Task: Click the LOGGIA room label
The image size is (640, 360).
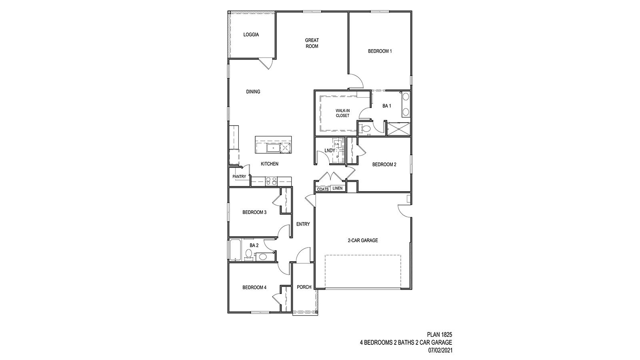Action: click(x=251, y=35)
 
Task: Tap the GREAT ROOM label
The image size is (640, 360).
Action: click(x=312, y=43)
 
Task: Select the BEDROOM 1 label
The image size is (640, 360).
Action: click(x=380, y=51)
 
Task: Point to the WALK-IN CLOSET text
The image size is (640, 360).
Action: click(x=342, y=113)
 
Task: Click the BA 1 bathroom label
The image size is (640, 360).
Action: click(x=386, y=106)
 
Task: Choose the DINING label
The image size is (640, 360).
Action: click(x=253, y=92)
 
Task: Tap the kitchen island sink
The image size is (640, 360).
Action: click(x=273, y=148)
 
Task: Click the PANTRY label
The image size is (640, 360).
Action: click(x=239, y=177)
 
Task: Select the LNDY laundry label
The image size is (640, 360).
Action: click(x=330, y=150)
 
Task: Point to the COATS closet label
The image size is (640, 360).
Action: click(x=323, y=189)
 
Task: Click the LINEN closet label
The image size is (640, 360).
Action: click(x=337, y=188)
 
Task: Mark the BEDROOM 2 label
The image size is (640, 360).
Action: click(x=384, y=164)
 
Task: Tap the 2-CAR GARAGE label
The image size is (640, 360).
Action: click(x=363, y=240)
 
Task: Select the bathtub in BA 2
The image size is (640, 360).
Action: click(x=234, y=250)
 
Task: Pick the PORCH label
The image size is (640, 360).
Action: click(x=304, y=287)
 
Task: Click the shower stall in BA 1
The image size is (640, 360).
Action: click(x=398, y=129)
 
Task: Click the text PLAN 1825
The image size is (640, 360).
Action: click(x=439, y=334)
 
